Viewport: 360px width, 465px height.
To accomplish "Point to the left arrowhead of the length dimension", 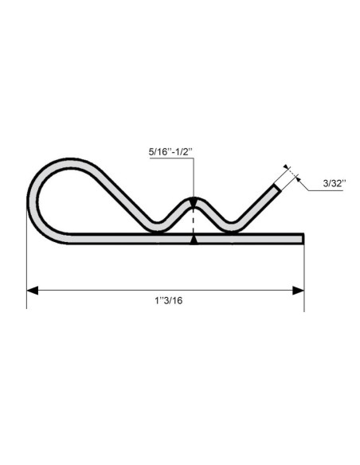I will coord(33,290).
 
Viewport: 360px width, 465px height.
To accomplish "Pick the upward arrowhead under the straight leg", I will coord(193,239).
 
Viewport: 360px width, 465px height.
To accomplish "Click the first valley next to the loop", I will coord(155,227).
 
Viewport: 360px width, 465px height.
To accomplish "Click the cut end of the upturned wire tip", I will coord(278,187).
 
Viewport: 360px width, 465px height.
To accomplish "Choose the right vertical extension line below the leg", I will coord(303,271).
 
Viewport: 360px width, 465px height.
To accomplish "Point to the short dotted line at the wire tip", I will coord(288,171).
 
